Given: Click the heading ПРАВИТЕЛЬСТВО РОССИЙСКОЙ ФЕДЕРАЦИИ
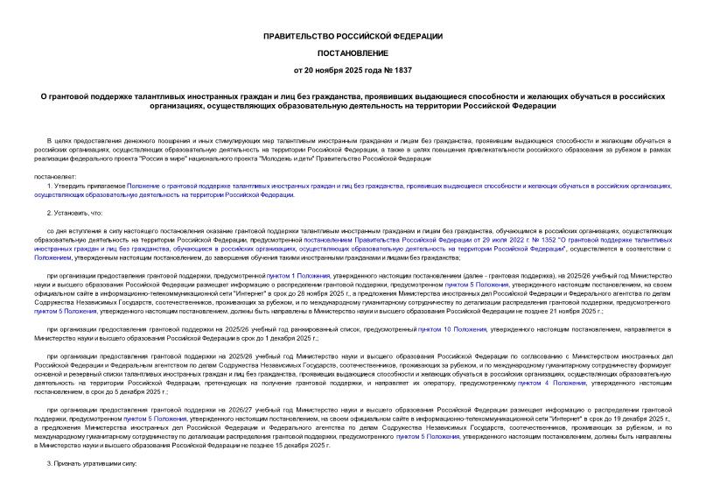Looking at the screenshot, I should point(353,35).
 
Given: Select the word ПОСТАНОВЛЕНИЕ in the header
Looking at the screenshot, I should point(353,52).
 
